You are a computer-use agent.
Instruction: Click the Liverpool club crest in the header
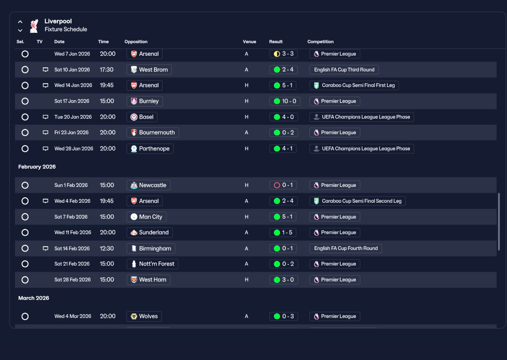point(34,26)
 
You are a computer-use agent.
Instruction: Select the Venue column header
point(250,42)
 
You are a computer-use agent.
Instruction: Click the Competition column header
point(320,42)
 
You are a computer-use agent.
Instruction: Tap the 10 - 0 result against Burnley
point(285,101)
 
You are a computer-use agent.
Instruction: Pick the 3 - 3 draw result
point(283,54)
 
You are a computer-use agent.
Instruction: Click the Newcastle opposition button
point(148,185)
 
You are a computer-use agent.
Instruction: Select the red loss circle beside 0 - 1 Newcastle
point(277,185)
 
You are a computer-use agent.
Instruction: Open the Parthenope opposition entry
point(150,149)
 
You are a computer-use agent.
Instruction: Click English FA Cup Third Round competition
point(344,70)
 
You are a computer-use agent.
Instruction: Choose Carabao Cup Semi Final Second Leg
point(357,201)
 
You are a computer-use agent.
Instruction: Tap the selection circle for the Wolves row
point(25,316)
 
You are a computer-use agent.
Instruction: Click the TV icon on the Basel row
point(46,117)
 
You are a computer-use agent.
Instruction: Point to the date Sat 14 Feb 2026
point(72,248)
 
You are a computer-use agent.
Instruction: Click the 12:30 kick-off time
point(107,248)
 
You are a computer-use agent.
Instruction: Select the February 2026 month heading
point(37,167)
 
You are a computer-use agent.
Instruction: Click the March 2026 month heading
point(34,298)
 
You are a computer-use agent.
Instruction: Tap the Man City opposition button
point(146,217)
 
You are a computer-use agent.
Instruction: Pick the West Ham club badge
point(134,280)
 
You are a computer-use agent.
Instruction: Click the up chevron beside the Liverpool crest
point(20,22)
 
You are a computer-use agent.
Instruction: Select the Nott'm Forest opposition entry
point(152,264)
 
